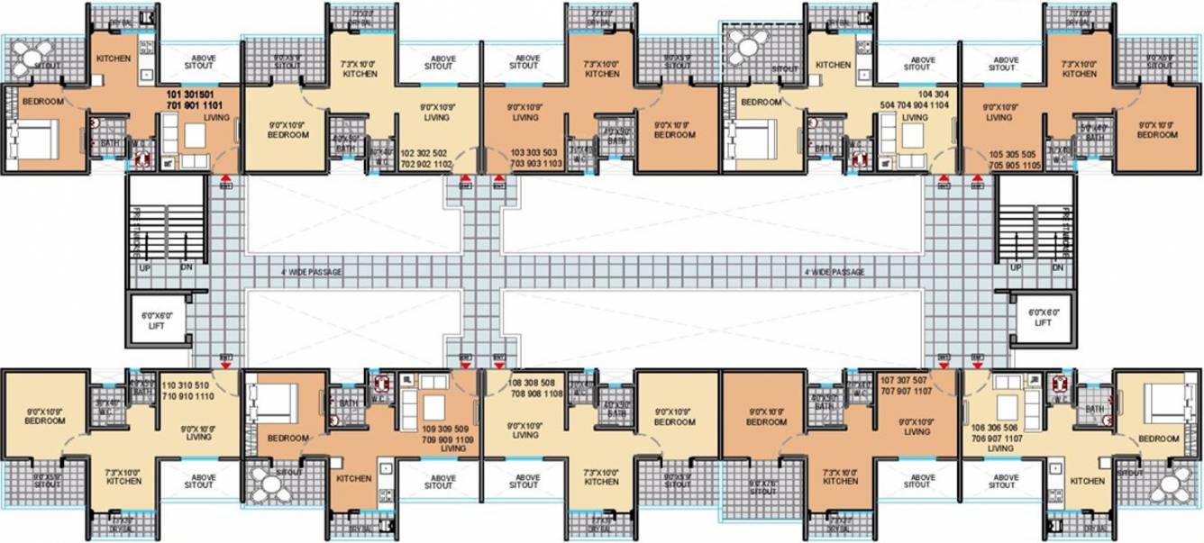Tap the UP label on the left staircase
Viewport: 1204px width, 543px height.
142,268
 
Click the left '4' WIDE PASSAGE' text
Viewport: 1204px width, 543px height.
312,272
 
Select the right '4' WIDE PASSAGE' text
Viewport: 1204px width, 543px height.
834,272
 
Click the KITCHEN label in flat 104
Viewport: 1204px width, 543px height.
833,65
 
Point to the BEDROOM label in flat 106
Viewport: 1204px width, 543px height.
1158,439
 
